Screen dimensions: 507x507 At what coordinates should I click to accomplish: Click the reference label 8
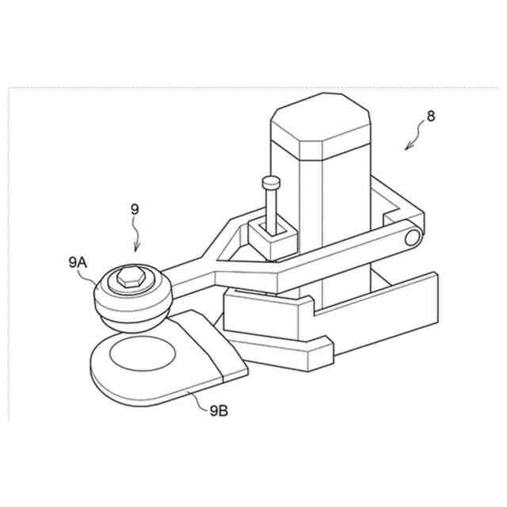coord(430,116)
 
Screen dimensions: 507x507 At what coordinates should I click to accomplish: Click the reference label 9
coord(135,209)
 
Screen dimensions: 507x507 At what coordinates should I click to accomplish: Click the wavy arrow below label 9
coord(137,235)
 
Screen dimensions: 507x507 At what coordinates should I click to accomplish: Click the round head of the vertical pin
coord(271,182)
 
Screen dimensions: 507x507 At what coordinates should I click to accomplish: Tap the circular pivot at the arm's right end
coord(411,236)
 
